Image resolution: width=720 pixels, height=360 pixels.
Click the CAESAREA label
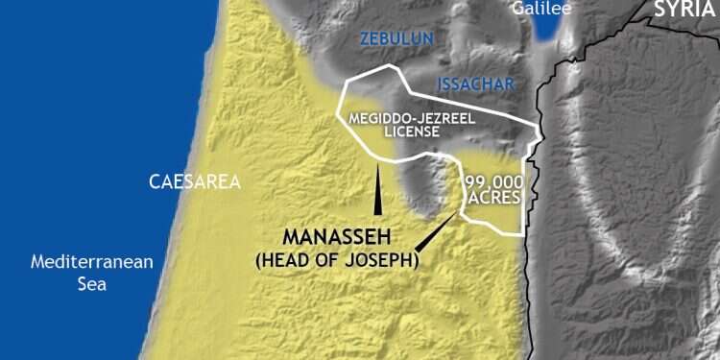coord(194,180)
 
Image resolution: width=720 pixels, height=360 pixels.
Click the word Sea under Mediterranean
coord(92,284)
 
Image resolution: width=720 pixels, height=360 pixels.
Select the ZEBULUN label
coord(396,39)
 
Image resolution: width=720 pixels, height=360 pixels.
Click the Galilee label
coord(541,9)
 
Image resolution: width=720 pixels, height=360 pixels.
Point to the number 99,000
coord(493,182)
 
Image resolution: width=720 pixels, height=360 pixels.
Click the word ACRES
coord(495,197)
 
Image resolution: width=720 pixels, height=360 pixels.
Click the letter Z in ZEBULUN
coord(365,39)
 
